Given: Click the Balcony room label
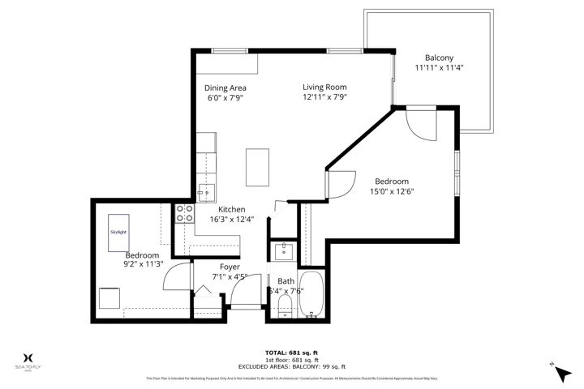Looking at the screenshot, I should click(439, 58).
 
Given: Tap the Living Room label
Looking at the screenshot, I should click(324, 87).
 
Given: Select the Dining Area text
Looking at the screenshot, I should click(225, 88).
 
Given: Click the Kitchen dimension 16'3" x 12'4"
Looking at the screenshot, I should click(231, 219).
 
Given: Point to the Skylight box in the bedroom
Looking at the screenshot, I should click(118, 232).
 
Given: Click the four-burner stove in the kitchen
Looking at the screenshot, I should click(185, 213).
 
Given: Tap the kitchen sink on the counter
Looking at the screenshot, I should click(206, 192).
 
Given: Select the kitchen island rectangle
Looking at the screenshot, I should click(258, 167).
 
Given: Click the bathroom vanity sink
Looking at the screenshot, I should click(283, 251).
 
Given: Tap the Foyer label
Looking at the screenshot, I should click(230, 267).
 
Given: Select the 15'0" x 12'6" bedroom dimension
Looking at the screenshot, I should click(391, 192).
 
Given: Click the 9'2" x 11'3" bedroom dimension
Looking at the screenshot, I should click(143, 263).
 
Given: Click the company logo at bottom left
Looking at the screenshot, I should click(29, 360).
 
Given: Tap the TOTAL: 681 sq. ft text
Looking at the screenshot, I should click(292, 353).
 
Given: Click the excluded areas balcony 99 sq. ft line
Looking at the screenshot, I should click(292, 366).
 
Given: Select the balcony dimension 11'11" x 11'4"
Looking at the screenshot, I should click(439, 68).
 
